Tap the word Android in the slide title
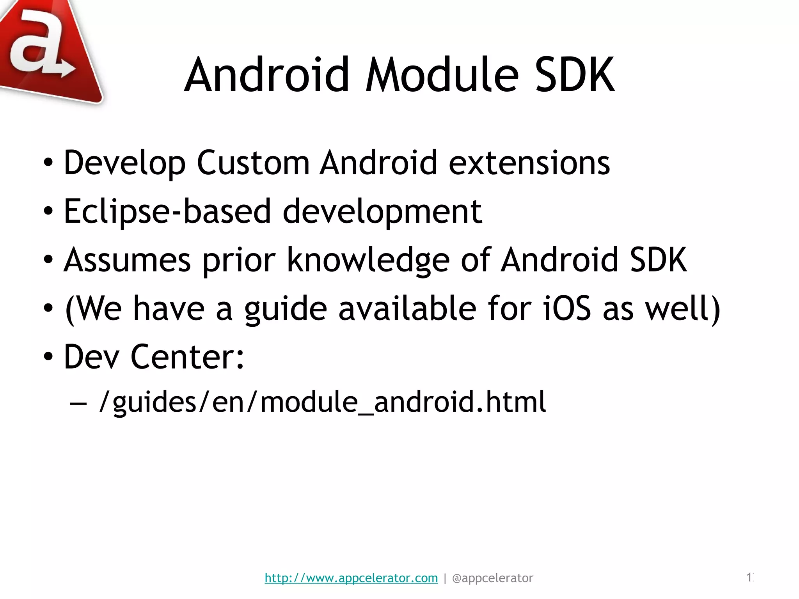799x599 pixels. (267, 75)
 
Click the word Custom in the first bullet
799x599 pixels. (253, 163)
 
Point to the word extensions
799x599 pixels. (529, 163)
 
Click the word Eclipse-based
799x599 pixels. (167, 211)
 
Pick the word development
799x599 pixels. (382, 211)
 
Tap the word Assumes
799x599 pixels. (128, 260)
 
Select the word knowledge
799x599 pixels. (368, 260)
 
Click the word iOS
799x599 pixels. (567, 308)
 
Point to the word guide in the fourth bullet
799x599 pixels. (286, 308)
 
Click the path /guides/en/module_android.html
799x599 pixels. (322, 402)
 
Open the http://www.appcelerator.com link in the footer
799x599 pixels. (351, 578)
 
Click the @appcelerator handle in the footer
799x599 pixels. (492, 578)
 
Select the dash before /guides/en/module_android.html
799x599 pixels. (78, 403)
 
